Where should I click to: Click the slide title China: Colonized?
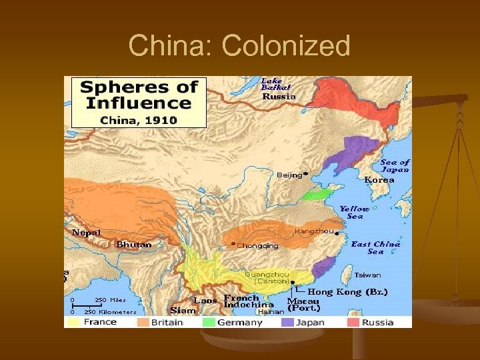pos(239,46)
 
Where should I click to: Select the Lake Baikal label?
pos(275,84)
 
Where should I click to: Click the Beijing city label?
pos(289,175)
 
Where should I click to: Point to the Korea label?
pos(379,179)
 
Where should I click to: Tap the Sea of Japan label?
pos(395,165)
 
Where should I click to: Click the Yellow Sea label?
pos(355,212)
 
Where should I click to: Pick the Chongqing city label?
pos(257,245)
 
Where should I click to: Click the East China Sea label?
pos(376,247)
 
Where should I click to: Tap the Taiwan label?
pos(368,275)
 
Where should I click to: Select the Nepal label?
pos(87,233)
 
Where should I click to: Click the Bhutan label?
pos(134,245)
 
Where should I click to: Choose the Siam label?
pos(183,310)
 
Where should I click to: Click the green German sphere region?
pos(317,195)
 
